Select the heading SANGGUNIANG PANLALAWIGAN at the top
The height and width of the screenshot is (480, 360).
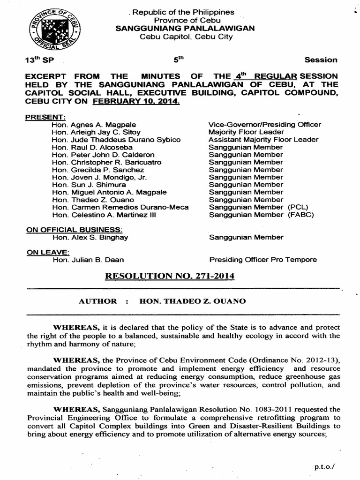[186, 28]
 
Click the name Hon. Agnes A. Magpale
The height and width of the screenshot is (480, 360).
[94, 125]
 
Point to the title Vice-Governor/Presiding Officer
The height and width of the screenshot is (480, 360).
[265, 125]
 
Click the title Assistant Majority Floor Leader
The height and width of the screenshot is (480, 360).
[263, 140]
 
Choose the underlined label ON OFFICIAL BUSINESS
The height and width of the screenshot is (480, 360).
[75, 230]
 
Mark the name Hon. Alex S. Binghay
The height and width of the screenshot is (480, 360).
[90, 237]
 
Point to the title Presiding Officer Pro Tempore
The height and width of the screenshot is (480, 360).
[262, 260]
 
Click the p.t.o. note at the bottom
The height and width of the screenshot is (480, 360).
[327, 468]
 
